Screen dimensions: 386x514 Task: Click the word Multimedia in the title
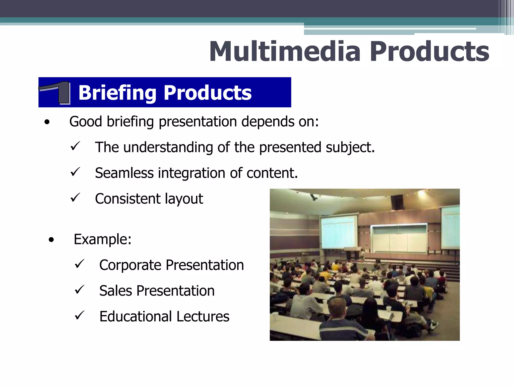pos(285,52)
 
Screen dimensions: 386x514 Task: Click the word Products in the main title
pos(429,52)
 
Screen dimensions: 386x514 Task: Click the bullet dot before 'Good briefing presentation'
pos(47,122)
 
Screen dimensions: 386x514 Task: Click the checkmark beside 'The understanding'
pos(75,146)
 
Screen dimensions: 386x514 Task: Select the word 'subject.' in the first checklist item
pos(350,148)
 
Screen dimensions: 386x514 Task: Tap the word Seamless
pos(124,173)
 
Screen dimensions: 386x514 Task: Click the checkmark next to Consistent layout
pos(75,198)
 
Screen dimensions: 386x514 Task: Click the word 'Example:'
pos(102,239)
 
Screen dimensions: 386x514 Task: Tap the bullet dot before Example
pos(51,240)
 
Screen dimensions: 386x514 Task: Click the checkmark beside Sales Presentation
pos(79,290)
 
